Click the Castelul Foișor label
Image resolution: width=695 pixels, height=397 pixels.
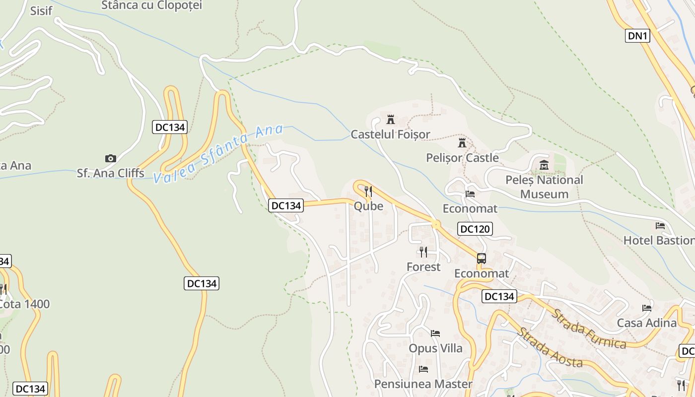tap(390, 134)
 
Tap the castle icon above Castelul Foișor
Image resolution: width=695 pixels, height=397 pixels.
tap(390, 119)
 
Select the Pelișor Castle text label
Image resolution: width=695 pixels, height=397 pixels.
tap(462, 158)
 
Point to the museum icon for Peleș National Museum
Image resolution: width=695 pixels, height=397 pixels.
tap(544, 165)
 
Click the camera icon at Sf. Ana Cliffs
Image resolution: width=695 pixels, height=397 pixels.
tap(110, 158)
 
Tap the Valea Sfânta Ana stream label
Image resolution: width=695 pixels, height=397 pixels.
tap(218, 154)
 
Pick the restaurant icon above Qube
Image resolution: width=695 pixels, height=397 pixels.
tap(368, 191)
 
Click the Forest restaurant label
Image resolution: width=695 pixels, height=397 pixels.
tap(423, 267)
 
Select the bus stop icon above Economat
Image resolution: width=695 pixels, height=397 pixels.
tap(482, 258)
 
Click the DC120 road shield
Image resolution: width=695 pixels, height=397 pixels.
tap(475, 229)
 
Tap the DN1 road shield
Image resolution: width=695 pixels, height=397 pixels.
tap(637, 36)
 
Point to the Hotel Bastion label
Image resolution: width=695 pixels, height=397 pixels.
tap(659, 241)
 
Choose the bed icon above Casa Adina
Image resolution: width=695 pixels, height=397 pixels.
tap(646, 308)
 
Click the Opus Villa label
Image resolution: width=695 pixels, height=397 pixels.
tap(435, 348)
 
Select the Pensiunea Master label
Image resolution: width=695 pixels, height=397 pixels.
tap(423, 384)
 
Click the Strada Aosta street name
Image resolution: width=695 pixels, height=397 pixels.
tap(550, 348)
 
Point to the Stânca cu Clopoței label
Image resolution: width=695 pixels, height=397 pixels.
tap(151, 5)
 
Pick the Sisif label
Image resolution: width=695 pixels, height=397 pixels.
tap(41, 11)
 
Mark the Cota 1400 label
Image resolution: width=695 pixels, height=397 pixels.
tap(24, 304)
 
